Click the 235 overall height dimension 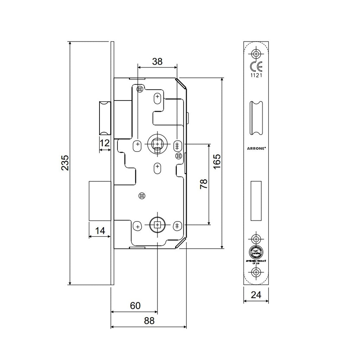(65, 162)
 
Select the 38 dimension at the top (157, 62)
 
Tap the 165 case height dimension (217, 162)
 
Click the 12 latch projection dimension (105, 143)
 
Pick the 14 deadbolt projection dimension (100, 231)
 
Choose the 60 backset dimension (135, 306)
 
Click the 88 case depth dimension (149, 321)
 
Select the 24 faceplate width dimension (256, 295)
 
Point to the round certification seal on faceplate (256, 252)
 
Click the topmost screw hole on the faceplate (256, 53)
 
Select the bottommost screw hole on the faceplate (256, 272)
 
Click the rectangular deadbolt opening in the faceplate (256, 200)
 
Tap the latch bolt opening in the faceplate (256, 118)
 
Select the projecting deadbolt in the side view (101, 201)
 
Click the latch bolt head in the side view (105, 118)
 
